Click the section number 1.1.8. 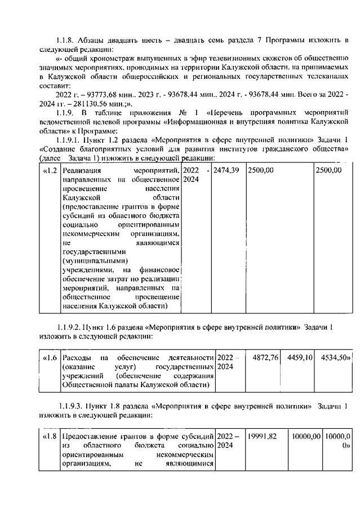(68, 39)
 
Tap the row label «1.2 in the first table (50, 171)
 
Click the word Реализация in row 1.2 (82, 171)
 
